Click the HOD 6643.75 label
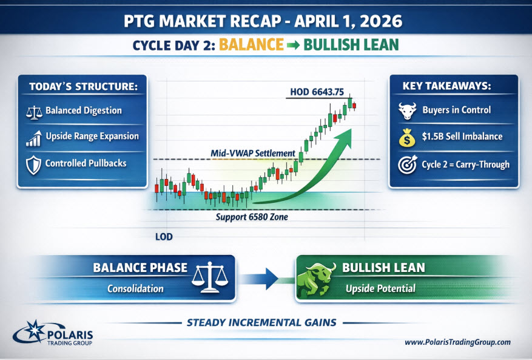coord(317,92)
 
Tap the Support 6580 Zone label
coord(252,217)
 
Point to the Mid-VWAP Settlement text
coord(253,153)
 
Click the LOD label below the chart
coord(164,237)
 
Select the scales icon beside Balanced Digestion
coord(34,112)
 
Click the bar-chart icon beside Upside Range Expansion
coord(34,138)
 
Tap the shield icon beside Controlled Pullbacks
coord(33,165)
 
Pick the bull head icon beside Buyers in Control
coord(408,110)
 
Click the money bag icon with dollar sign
coord(407,137)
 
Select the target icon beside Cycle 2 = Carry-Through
coord(408,165)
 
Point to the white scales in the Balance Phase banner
coord(210,277)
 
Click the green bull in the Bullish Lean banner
coord(316,279)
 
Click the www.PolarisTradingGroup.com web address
coord(457,342)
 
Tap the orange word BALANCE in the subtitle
coord(251,45)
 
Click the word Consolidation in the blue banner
coord(135,289)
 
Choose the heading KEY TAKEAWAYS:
coord(446,86)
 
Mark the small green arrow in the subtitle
coord(293,45)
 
